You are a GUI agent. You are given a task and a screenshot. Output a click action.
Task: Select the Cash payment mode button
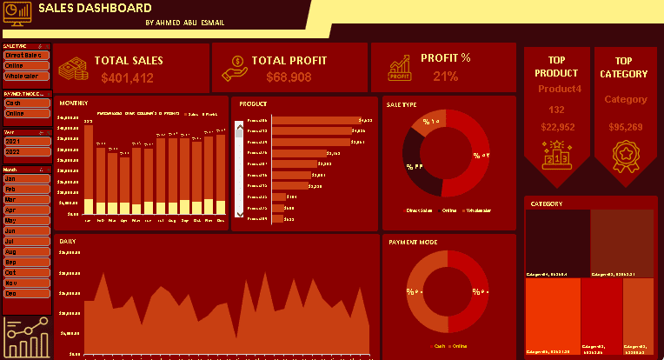pyautogui.click(x=25, y=103)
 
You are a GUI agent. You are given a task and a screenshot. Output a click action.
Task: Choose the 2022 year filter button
pyautogui.click(x=25, y=152)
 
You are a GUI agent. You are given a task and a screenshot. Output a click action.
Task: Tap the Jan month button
pyautogui.click(x=25, y=178)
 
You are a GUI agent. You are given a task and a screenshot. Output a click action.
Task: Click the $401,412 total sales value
pyautogui.click(x=127, y=78)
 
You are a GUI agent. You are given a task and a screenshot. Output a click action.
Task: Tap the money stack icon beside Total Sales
pyautogui.click(x=73, y=69)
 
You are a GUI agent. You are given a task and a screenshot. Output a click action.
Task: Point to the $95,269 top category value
pyautogui.click(x=625, y=127)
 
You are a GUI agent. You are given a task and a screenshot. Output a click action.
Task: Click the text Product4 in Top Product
pyautogui.click(x=557, y=89)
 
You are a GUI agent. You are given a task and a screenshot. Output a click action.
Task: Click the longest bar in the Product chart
pyautogui.click(x=316, y=120)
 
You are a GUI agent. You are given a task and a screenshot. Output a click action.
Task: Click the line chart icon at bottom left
pyautogui.click(x=26, y=337)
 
